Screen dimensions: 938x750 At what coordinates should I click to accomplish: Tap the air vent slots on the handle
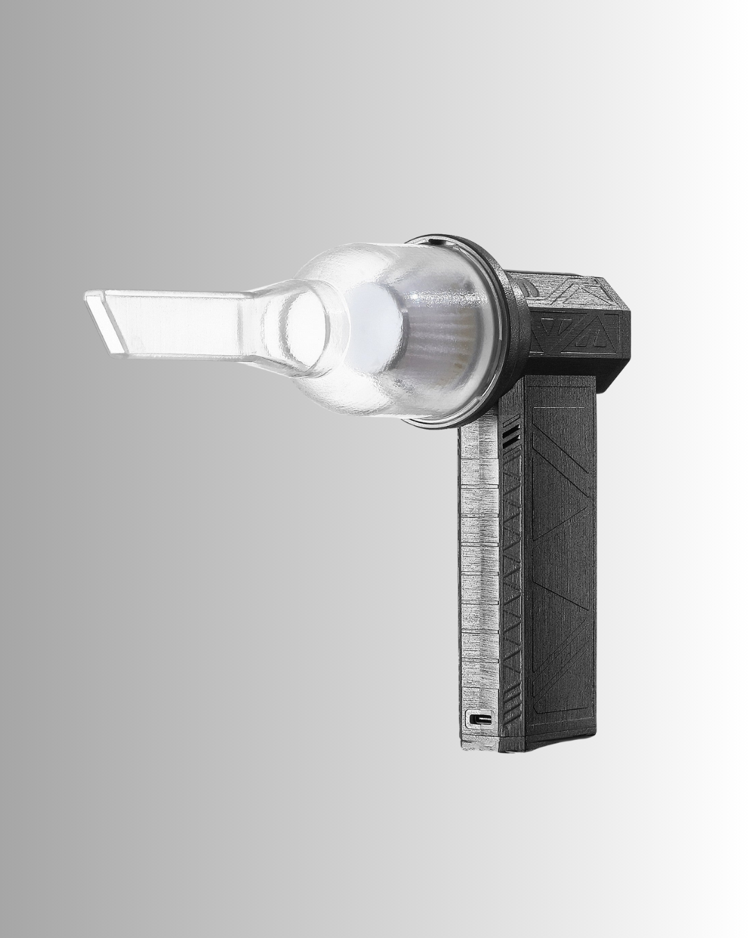[x=512, y=436]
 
